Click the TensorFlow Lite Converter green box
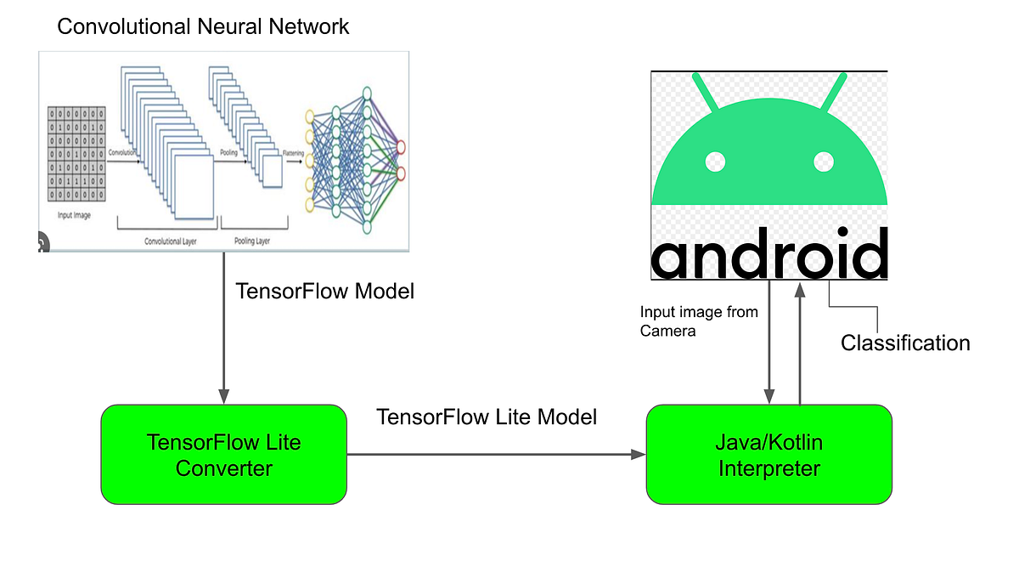tap(223, 455)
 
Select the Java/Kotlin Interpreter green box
tap(768, 455)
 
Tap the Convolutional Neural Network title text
tap(203, 26)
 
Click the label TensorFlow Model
tap(324, 292)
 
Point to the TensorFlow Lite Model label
tap(487, 417)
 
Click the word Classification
tap(905, 343)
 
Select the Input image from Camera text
tap(698, 322)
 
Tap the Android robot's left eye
tap(715, 161)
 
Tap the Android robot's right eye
tap(824, 161)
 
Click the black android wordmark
tap(769, 252)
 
